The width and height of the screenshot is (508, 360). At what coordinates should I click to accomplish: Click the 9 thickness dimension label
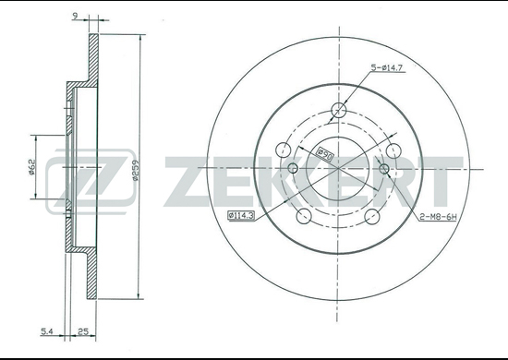coord(75,17)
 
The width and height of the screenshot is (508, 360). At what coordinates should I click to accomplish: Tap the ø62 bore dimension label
coord(31,167)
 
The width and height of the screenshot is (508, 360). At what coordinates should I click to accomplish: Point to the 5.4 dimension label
coord(47,331)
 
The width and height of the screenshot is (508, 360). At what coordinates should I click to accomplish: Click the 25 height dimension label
coord(83,331)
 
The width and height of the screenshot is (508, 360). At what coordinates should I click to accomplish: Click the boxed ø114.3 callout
coord(241,215)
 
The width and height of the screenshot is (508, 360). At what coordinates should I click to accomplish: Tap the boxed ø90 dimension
coord(324,154)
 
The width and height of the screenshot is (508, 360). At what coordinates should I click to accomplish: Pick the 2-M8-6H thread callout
coord(438,217)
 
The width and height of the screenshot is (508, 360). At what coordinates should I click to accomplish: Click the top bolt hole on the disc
coord(339,110)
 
